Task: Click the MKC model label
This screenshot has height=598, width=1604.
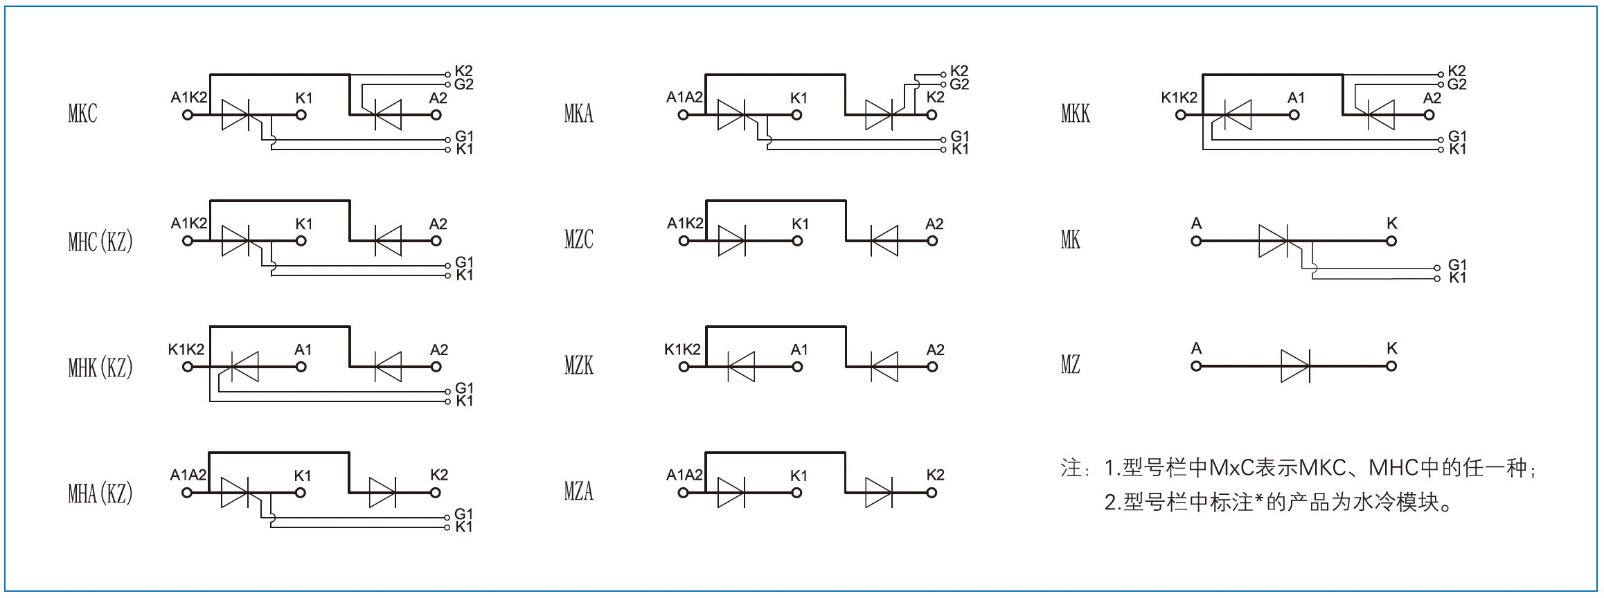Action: (82, 114)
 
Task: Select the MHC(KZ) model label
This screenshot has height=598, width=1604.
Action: (100, 241)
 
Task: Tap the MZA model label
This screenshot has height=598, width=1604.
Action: (579, 491)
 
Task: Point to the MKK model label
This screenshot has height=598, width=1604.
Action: (1076, 114)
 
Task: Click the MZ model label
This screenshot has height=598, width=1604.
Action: (1071, 364)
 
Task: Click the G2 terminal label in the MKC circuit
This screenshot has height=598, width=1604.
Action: (464, 84)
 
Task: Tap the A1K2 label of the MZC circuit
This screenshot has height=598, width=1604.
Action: (685, 224)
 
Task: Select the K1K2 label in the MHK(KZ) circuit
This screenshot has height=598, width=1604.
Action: (186, 350)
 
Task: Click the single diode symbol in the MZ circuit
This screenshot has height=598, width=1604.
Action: (1295, 365)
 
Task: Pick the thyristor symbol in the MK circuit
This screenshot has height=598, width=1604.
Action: (1273, 241)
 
